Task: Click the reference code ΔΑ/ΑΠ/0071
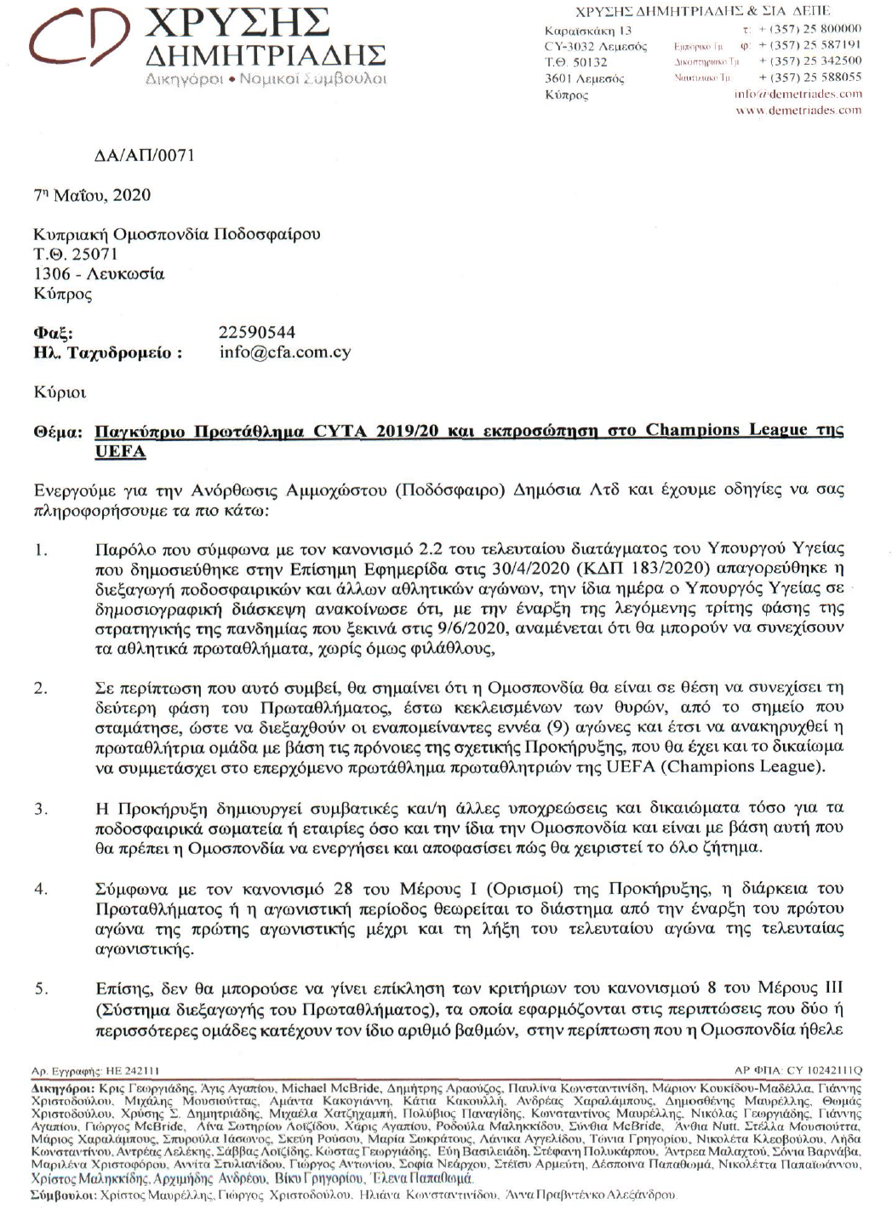click(144, 155)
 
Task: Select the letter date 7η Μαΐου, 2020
click(92, 195)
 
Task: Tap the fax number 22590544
click(257, 332)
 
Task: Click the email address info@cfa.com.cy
click(284, 352)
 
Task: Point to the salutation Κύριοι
click(60, 392)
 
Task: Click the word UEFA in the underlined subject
click(120, 451)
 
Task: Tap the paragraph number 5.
click(41, 988)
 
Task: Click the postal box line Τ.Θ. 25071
click(76, 254)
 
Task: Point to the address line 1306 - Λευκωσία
click(100, 274)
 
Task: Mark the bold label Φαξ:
click(53, 332)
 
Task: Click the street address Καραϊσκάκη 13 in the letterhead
click(588, 31)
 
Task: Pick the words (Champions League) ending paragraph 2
click(741, 766)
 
